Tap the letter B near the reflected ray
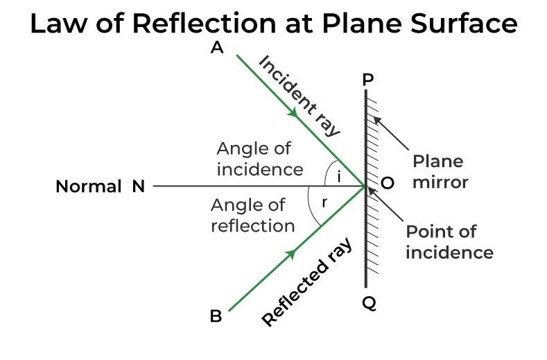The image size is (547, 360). (216, 316)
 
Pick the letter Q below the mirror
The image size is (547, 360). (368, 303)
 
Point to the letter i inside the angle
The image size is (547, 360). (338, 177)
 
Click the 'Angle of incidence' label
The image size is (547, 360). (259, 159)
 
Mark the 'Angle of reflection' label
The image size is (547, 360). (253, 215)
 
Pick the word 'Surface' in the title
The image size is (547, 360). (464, 24)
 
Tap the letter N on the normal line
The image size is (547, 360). (137, 187)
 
